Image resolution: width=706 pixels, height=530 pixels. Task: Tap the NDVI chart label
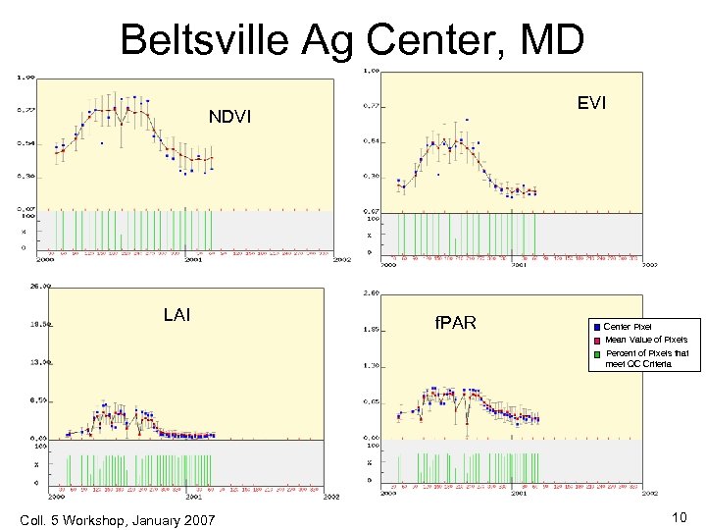[230, 119]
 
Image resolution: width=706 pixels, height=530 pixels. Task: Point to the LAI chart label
[177, 315]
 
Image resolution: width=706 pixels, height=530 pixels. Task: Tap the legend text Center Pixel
[628, 326]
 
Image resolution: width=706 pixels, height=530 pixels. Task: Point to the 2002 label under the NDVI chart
[340, 260]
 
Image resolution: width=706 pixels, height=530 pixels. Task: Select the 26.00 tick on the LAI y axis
[40, 288]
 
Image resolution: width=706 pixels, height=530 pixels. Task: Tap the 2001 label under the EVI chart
[519, 264]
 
